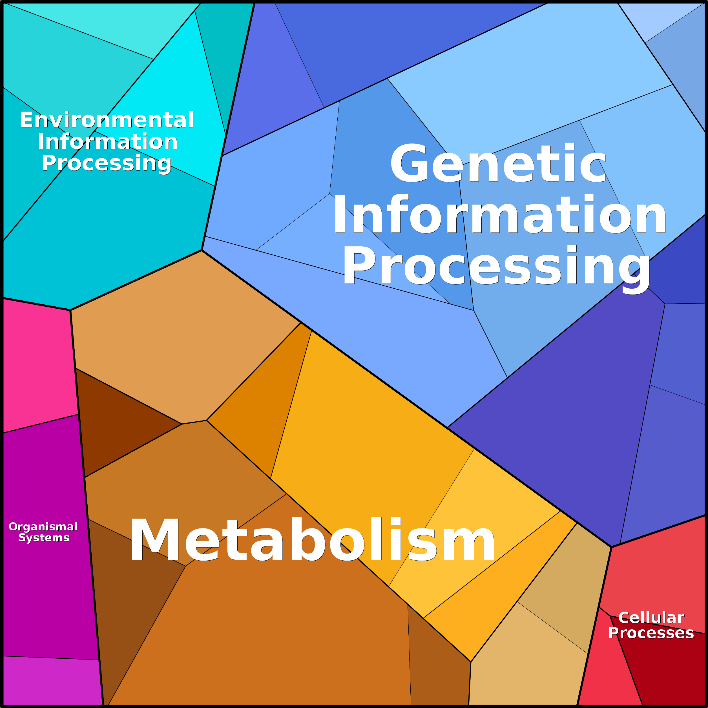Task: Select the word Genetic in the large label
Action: click(x=498, y=163)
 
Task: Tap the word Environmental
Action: click(x=107, y=120)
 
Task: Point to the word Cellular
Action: click(x=651, y=618)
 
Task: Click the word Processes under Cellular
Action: click(x=651, y=633)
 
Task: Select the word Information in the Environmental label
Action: click(x=107, y=141)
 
